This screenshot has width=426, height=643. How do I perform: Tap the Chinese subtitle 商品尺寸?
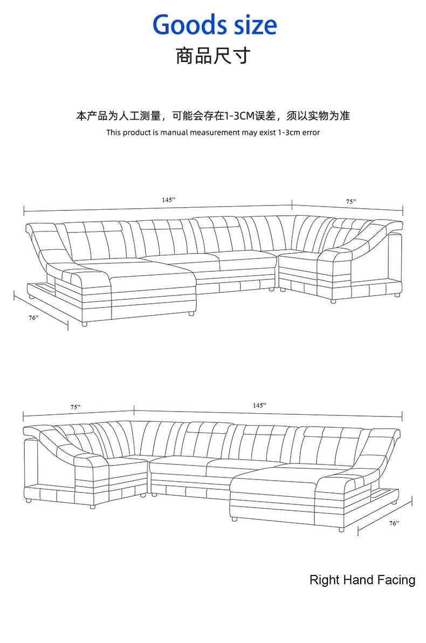coord(213,56)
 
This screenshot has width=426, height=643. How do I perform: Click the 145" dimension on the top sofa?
coord(169,200)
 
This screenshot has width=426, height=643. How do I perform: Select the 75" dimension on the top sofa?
coord(351,201)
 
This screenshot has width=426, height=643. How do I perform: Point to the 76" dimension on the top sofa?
coord(34,318)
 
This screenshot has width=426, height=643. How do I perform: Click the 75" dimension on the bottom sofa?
coord(75,407)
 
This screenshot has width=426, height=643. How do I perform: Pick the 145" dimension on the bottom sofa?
coord(259,405)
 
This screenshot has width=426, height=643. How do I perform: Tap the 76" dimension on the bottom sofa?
coord(394,523)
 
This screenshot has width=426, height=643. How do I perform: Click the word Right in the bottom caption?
coord(322,580)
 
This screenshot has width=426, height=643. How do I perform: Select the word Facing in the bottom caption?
coord(396,580)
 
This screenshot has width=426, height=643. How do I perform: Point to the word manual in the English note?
coord(174,132)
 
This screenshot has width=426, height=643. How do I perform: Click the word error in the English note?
coord(311,132)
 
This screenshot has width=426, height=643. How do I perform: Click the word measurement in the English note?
coord(215,132)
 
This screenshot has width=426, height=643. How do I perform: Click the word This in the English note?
coord(113,132)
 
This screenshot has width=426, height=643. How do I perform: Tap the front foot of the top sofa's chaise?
coord(84,324)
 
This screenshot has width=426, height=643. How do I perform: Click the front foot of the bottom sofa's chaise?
coord(341,530)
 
